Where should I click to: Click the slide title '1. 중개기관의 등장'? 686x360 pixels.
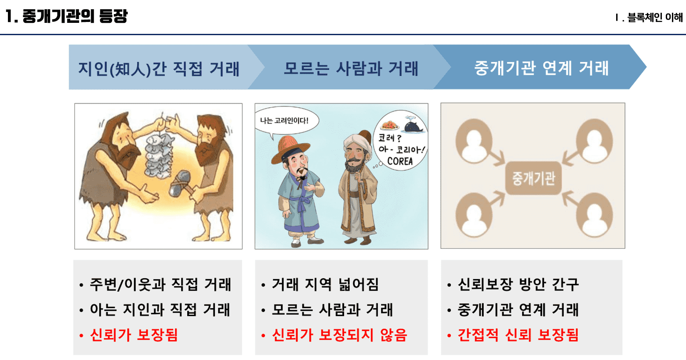[66, 16]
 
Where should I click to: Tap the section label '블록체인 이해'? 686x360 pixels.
[655, 18]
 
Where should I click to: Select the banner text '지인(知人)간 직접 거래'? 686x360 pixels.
[159, 69]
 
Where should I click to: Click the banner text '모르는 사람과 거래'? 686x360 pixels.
[351, 68]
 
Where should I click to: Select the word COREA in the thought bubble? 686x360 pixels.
[400, 161]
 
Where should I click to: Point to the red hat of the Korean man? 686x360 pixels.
[290, 148]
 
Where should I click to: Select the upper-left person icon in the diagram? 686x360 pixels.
[474, 141]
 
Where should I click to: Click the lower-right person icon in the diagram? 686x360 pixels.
[595, 215]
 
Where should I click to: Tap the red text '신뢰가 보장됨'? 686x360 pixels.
[134, 335]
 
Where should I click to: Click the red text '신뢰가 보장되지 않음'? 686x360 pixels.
[340, 335]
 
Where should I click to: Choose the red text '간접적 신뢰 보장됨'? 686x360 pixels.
[518, 335]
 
